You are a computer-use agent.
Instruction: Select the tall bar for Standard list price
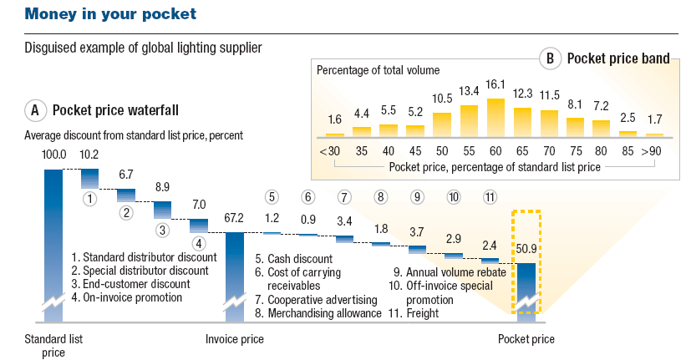click(x=53, y=242)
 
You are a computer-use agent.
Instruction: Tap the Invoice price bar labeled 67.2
click(x=235, y=276)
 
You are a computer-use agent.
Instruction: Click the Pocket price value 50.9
click(x=526, y=250)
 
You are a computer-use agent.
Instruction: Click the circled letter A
click(x=35, y=109)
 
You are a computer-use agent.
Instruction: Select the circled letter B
click(x=550, y=58)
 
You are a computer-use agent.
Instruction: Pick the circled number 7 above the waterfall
click(x=344, y=198)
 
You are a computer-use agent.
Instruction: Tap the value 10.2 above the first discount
click(x=89, y=155)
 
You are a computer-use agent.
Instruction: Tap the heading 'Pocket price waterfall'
click(x=115, y=109)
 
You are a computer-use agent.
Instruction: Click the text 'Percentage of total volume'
click(x=378, y=69)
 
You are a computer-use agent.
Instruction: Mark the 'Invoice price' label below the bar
click(x=235, y=339)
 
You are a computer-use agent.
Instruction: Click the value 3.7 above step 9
click(x=417, y=231)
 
